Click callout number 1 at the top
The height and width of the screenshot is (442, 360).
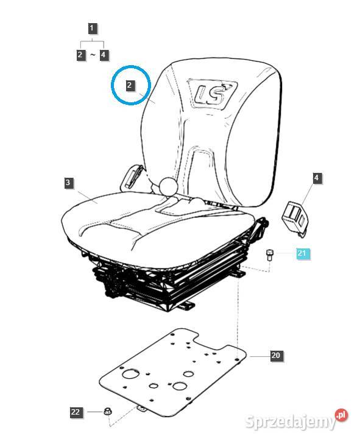(92, 28)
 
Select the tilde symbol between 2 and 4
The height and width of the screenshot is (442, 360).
(93, 54)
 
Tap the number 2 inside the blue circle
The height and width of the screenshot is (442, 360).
(130, 85)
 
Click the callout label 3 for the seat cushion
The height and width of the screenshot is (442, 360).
(68, 183)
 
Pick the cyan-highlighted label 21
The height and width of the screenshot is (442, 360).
(302, 253)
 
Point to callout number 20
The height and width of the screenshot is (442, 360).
(276, 355)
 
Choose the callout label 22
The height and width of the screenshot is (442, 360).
(76, 412)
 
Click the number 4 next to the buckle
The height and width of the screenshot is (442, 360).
(317, 178)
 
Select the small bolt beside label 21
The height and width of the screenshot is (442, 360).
(269, 254)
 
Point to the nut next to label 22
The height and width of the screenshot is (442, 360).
(107, 412)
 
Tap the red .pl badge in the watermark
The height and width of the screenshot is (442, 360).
(341, 415)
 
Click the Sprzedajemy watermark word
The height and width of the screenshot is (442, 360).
(291, 422)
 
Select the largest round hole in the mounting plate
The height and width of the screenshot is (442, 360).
(130, 374)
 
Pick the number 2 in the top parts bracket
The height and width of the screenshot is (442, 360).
(80, 54)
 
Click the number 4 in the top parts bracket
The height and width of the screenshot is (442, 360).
(104, 54)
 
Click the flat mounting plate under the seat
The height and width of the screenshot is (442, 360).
(172, 371)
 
